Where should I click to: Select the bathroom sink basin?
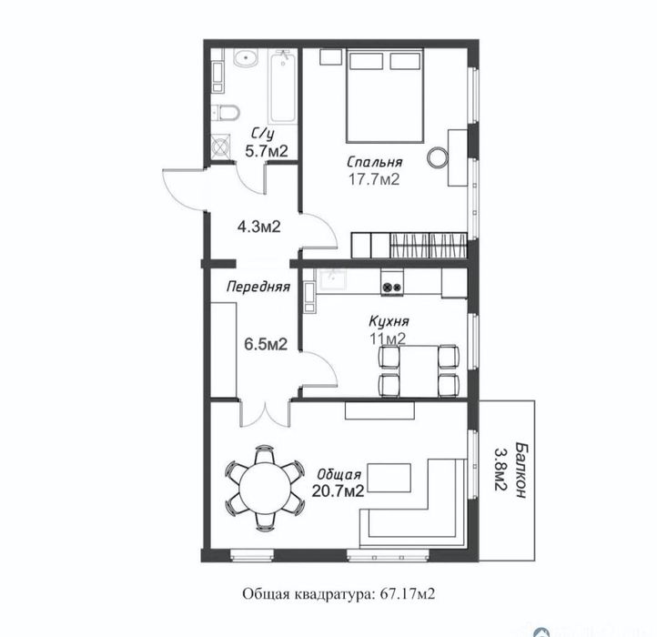244,61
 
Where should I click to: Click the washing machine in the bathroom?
221,147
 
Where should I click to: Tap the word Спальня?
374,162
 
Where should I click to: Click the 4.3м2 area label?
257,226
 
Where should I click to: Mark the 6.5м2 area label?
266,344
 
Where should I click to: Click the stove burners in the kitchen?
392,287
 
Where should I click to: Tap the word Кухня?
388,321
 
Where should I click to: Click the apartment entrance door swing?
180,187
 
